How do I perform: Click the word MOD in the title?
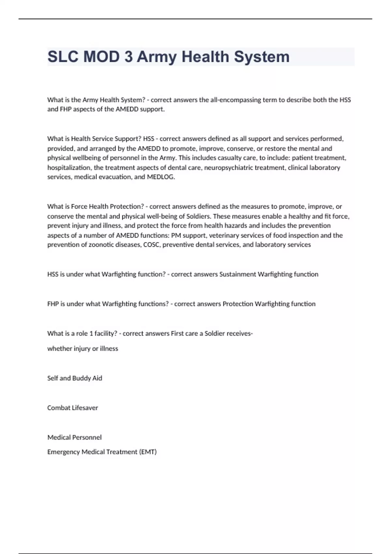pos(101,57)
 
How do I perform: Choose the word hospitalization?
pos(69,168)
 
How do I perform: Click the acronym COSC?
pos(152,245)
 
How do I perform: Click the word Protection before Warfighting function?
pos(238,304)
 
